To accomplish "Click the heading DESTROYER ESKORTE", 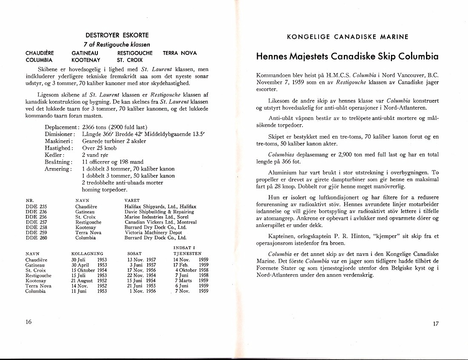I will (x=117, y=35).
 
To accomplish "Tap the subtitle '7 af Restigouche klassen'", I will (x=117, y=44).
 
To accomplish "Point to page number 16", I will (x=29, y=322).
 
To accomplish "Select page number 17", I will (x=435, y=323).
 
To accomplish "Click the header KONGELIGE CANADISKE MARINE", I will (x=348, y=37).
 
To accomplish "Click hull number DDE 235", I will (x=36, y=207).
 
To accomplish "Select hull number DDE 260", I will (x=36, y=238).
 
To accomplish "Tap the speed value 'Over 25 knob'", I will (x=99, y=148).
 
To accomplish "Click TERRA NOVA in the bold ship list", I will (x=180, y=53).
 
